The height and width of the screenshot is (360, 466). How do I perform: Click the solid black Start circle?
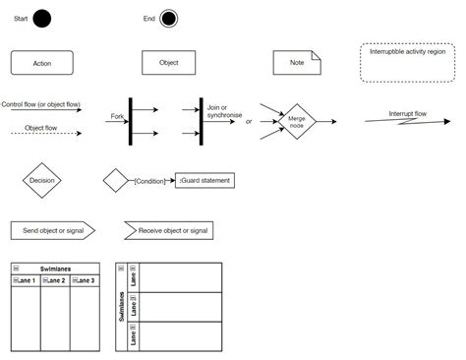41,19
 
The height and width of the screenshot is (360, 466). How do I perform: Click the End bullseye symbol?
169,19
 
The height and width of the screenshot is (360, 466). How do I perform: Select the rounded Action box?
41,63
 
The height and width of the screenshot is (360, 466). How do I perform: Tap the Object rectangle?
168,62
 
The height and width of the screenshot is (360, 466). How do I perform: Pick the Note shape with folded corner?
297,62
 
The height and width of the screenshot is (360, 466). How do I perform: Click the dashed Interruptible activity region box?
407,62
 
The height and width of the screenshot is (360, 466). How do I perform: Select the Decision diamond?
42,180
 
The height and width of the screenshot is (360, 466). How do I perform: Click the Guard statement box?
205,180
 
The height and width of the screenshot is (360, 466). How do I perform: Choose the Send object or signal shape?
52,230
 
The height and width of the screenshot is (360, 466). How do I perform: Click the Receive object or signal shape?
168,230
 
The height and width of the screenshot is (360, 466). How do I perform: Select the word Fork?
117,117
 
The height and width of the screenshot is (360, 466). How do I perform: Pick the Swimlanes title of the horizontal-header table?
55,269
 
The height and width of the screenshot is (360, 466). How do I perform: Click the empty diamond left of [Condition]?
117,181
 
